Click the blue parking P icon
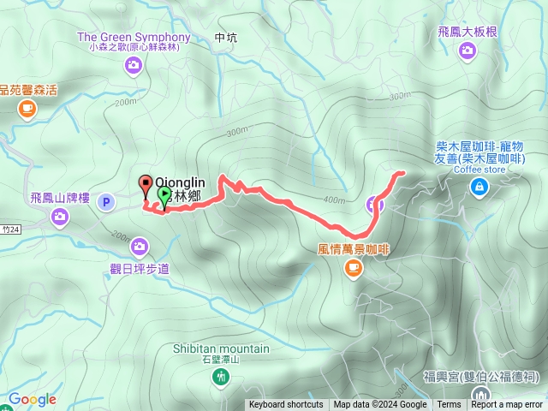click(106, 202)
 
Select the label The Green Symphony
click(134, 38)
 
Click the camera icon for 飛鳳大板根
click(468, 51)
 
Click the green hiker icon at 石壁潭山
click(223, 377)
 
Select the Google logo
click(33, 399)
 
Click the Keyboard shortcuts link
click(286, 405)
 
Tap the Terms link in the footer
click(449, 405)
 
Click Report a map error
click(507, 405)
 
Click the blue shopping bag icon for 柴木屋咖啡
click(479, 188)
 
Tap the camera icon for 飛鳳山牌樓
click(60, 216)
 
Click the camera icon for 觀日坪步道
click(140, 247)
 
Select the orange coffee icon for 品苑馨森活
click(27, 108)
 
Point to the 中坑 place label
click(226, 38)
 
